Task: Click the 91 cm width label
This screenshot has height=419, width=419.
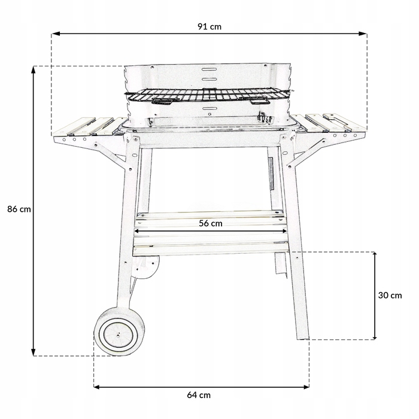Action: (x=209, y=26)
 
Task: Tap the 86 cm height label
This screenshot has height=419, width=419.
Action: (x=19, y=209)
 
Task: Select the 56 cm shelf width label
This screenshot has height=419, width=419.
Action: (x=211, y=223)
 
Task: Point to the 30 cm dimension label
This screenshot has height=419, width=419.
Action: (x=390, y=295)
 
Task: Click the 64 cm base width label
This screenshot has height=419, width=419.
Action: (x=199, y=395)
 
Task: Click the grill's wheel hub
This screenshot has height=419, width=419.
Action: (x=118, y=334)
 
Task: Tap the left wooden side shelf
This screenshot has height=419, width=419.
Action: (x=90, y=126)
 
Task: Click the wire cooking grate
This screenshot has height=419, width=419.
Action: (x=207, y=95)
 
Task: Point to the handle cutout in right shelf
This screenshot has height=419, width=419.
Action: (x=337, y=120)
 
